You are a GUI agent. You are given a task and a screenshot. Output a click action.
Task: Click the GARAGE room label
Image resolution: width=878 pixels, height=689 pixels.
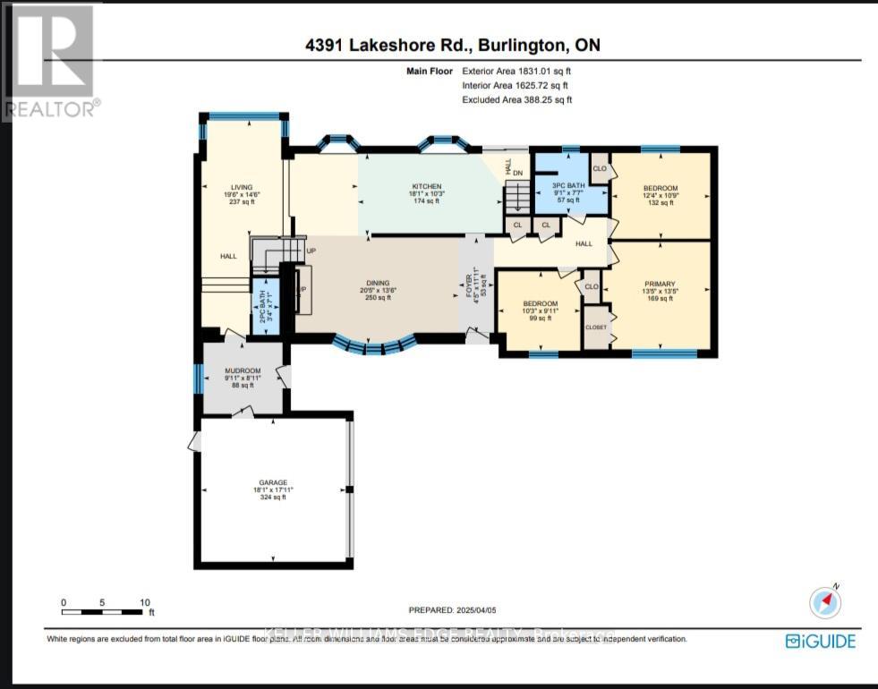pyautogui.click(x=274, y=483)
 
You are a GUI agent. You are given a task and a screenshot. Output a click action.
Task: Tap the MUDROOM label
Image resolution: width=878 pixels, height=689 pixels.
pyautogui.click(x=243, y=370)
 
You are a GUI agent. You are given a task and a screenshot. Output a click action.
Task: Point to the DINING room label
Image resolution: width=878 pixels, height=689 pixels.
pyautogui.click(x=376, y=284)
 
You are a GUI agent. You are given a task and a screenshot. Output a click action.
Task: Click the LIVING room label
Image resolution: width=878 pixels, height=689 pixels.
pyautogui.click(x=242, y=187)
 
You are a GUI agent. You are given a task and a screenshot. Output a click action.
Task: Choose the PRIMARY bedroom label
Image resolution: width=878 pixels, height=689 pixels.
pyautogui.click(x=659, y=284)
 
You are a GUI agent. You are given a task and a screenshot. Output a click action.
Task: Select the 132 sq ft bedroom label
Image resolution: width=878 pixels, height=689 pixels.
pyautogui.click(x=661, y=188)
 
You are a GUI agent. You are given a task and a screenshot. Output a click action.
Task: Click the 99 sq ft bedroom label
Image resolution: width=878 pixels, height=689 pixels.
pyautogui.click(x=541, y=304)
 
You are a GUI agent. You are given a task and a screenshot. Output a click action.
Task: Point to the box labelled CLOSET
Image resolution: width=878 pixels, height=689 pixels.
pyautogui.click(x=595, y=327)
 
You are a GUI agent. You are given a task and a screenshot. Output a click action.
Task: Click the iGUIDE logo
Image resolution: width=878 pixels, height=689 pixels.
pyautogui.click(x=821, y=641)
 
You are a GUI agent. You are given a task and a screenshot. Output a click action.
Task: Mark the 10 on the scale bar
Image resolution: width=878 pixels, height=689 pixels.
pyautogui.click(x=144, y=602)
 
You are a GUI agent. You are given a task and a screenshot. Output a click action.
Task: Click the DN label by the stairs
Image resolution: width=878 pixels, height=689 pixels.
pyautogui.click(x=517, y=173)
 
